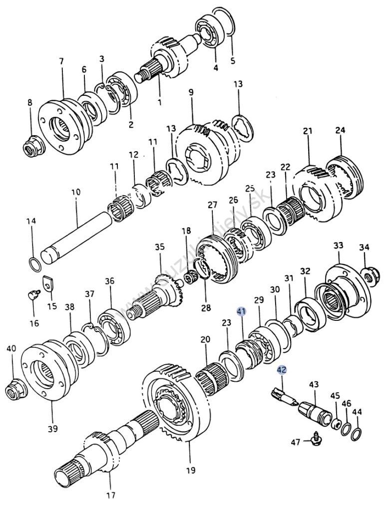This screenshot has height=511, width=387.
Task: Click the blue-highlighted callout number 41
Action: click(242, 311)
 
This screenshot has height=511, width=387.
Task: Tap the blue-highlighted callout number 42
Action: click(282, 370)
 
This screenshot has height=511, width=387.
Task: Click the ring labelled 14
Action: click(33, 263)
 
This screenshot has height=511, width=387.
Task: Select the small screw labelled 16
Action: click(32, 295)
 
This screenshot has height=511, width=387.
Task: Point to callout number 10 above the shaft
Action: click(76, 191)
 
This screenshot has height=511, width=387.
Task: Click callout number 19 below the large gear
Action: click(191, 470)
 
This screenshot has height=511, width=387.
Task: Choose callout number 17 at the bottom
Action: click(110, 495)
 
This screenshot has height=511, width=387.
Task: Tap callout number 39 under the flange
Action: click(53, 428)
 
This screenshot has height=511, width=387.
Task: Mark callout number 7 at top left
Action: click(61, 61)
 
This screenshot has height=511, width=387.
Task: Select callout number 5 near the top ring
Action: click(232, 61)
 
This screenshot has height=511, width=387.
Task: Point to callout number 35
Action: click(159, 247)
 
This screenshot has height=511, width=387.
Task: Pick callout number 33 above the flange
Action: click(339, 246)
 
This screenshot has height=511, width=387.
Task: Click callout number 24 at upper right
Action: click(340, 131)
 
